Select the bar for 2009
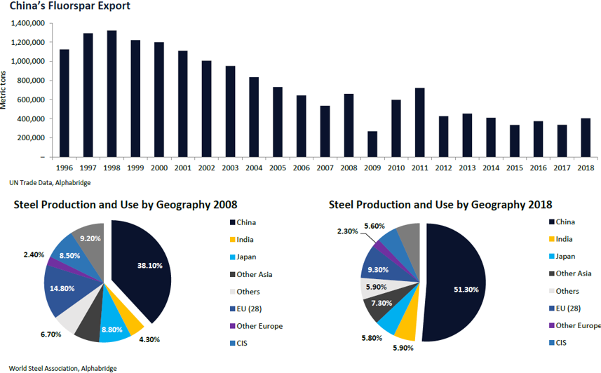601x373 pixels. click(372, 144)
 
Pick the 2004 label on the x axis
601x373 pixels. click(253, 168)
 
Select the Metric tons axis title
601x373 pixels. click(5, 90)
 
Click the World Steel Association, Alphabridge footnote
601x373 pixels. click(58, 368)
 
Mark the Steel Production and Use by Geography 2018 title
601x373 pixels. click(440, 205)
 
